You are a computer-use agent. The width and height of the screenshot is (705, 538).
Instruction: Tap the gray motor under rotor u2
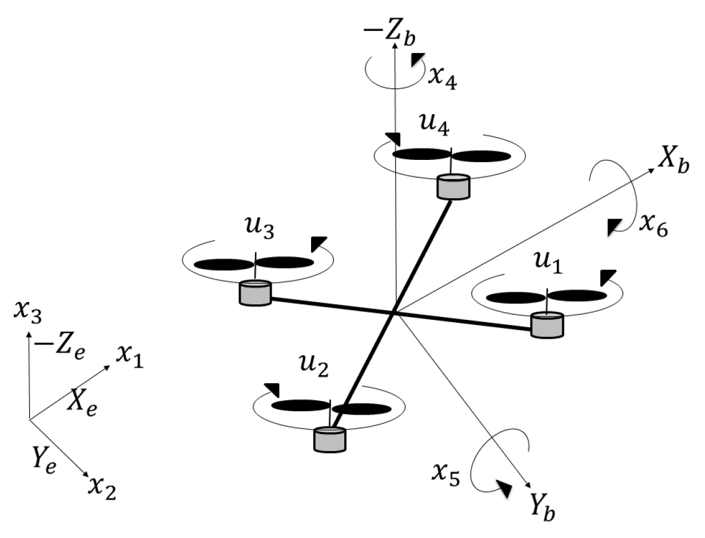pos(329,439)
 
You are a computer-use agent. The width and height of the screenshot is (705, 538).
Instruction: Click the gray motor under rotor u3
pos(254,292)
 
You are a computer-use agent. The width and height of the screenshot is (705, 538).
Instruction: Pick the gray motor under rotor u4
pos(453,187)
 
